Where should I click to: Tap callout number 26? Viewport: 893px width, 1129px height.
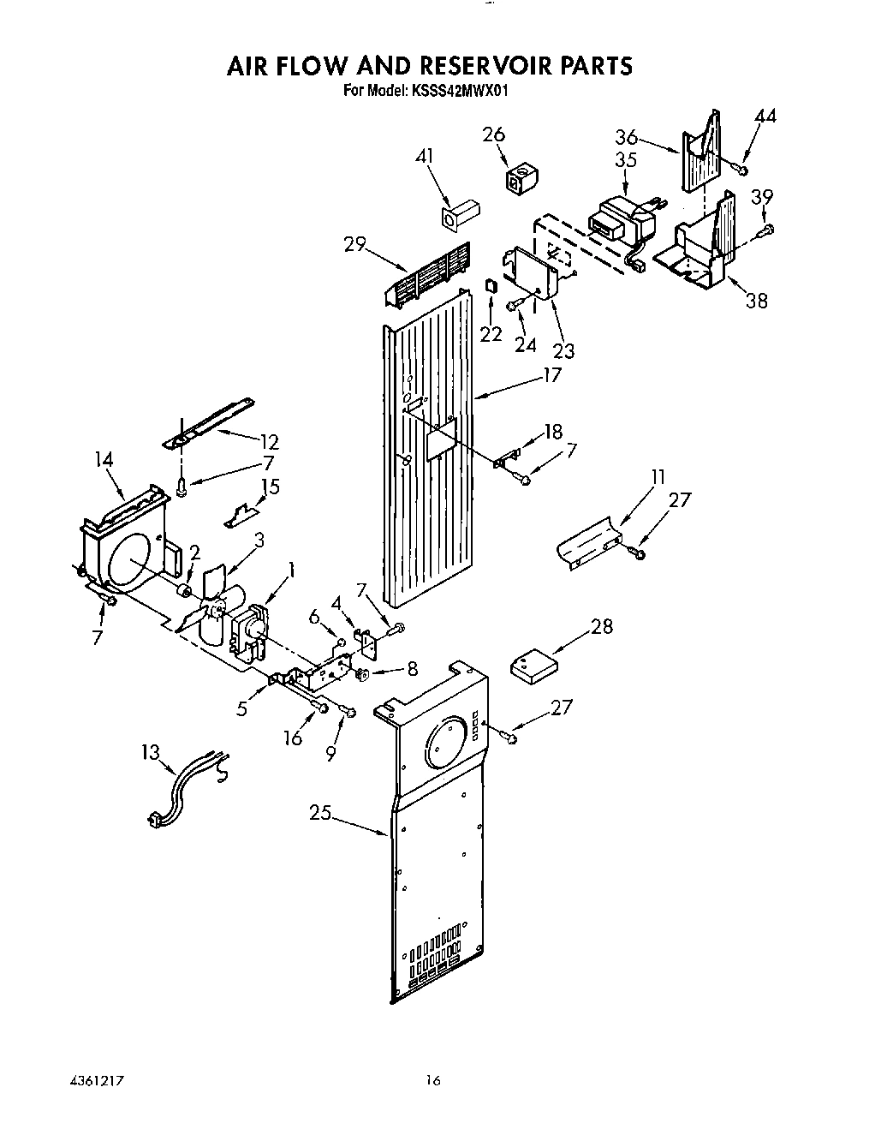pos(493,135)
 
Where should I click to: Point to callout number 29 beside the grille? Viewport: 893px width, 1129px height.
pos(355,244)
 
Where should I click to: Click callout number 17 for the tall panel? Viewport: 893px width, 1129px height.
pos(552,375)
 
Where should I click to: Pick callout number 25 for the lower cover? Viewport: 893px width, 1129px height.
pos(320,814)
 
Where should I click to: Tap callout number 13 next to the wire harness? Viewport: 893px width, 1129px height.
pos(150,752)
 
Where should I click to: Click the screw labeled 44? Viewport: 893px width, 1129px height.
pos(743,160)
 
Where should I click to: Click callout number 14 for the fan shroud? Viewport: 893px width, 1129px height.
pos(104,460)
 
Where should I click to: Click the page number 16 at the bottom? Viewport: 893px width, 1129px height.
pos(433,1081)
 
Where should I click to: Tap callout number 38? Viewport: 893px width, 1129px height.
pos(757,301)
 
